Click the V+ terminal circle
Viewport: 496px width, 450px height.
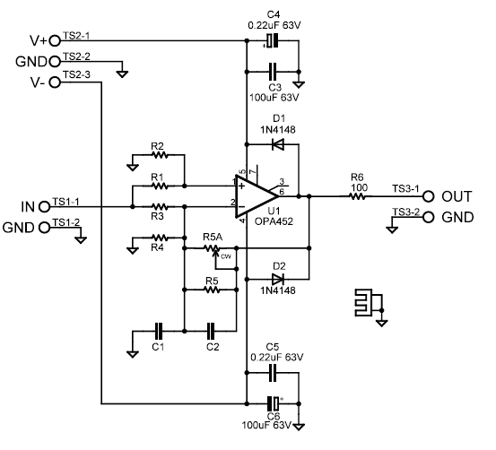pos(55,40)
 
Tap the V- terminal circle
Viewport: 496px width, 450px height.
pos(55,82)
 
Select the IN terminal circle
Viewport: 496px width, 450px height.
pos(44,207)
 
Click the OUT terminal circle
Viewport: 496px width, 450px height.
pos(429,196)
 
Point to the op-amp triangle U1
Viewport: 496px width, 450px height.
pos(257,196)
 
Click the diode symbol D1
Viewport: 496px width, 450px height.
pos(278,144)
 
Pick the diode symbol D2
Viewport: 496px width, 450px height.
pos(278,280)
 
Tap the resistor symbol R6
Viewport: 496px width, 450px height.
pos(358,196)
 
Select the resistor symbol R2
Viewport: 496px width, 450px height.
pos(160,155)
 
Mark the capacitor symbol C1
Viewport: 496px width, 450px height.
pos(159,331)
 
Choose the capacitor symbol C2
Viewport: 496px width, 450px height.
pos(211,331)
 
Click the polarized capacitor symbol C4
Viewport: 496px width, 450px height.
pos(272,40)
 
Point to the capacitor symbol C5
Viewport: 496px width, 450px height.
pos(273,373)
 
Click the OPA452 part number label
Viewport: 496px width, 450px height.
pos(274,221)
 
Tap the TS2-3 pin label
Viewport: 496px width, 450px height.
pos(76,74)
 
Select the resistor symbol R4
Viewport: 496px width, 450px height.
pos(160,238)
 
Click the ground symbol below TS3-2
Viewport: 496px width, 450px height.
pos(392,229)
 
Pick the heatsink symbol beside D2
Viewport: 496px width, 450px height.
pos(369,302)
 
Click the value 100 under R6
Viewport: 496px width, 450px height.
pos(359,188)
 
